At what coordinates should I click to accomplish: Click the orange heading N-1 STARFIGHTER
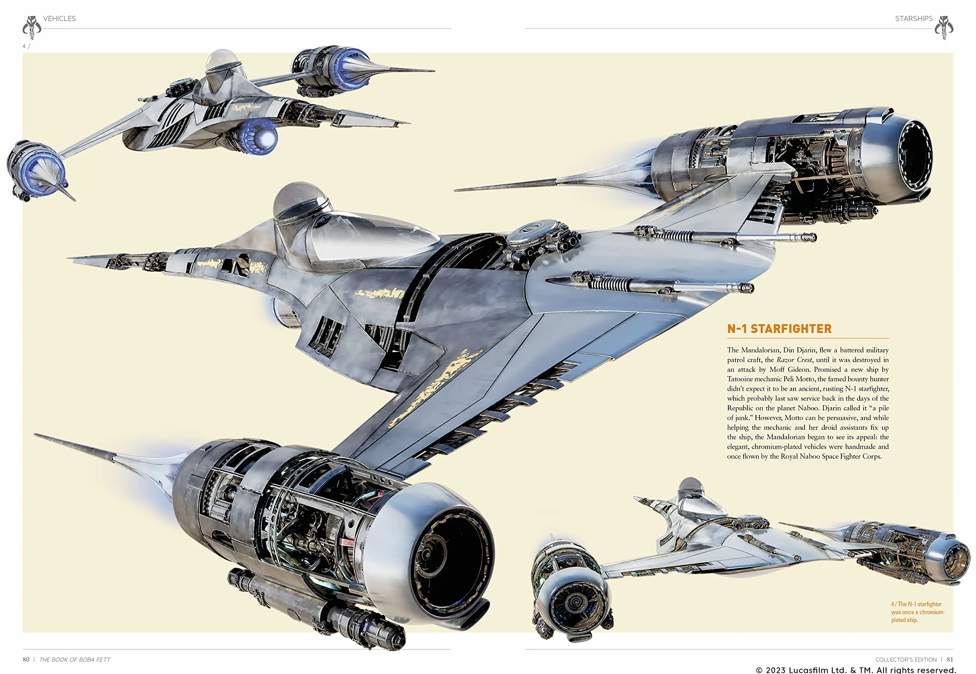point(779,329)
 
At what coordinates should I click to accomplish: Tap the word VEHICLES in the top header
point(59,19)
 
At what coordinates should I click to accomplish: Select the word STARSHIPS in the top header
point(913,19)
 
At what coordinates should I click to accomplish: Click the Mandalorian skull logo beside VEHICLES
point(31,28)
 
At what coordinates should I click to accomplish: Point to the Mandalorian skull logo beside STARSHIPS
point(944,28)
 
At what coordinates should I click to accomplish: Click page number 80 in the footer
point(26,659)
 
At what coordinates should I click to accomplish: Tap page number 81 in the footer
point(950,659)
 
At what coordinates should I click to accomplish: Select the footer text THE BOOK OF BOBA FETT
point(75,660)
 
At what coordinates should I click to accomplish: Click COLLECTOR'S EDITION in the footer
point(906,660)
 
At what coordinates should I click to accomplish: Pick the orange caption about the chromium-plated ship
point(918,612)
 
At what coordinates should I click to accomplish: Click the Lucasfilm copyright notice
point(856,670)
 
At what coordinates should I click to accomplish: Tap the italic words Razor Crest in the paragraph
point(794,360)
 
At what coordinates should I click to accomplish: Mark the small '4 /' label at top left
point(26,46)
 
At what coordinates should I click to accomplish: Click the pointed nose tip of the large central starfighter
point(68,257)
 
